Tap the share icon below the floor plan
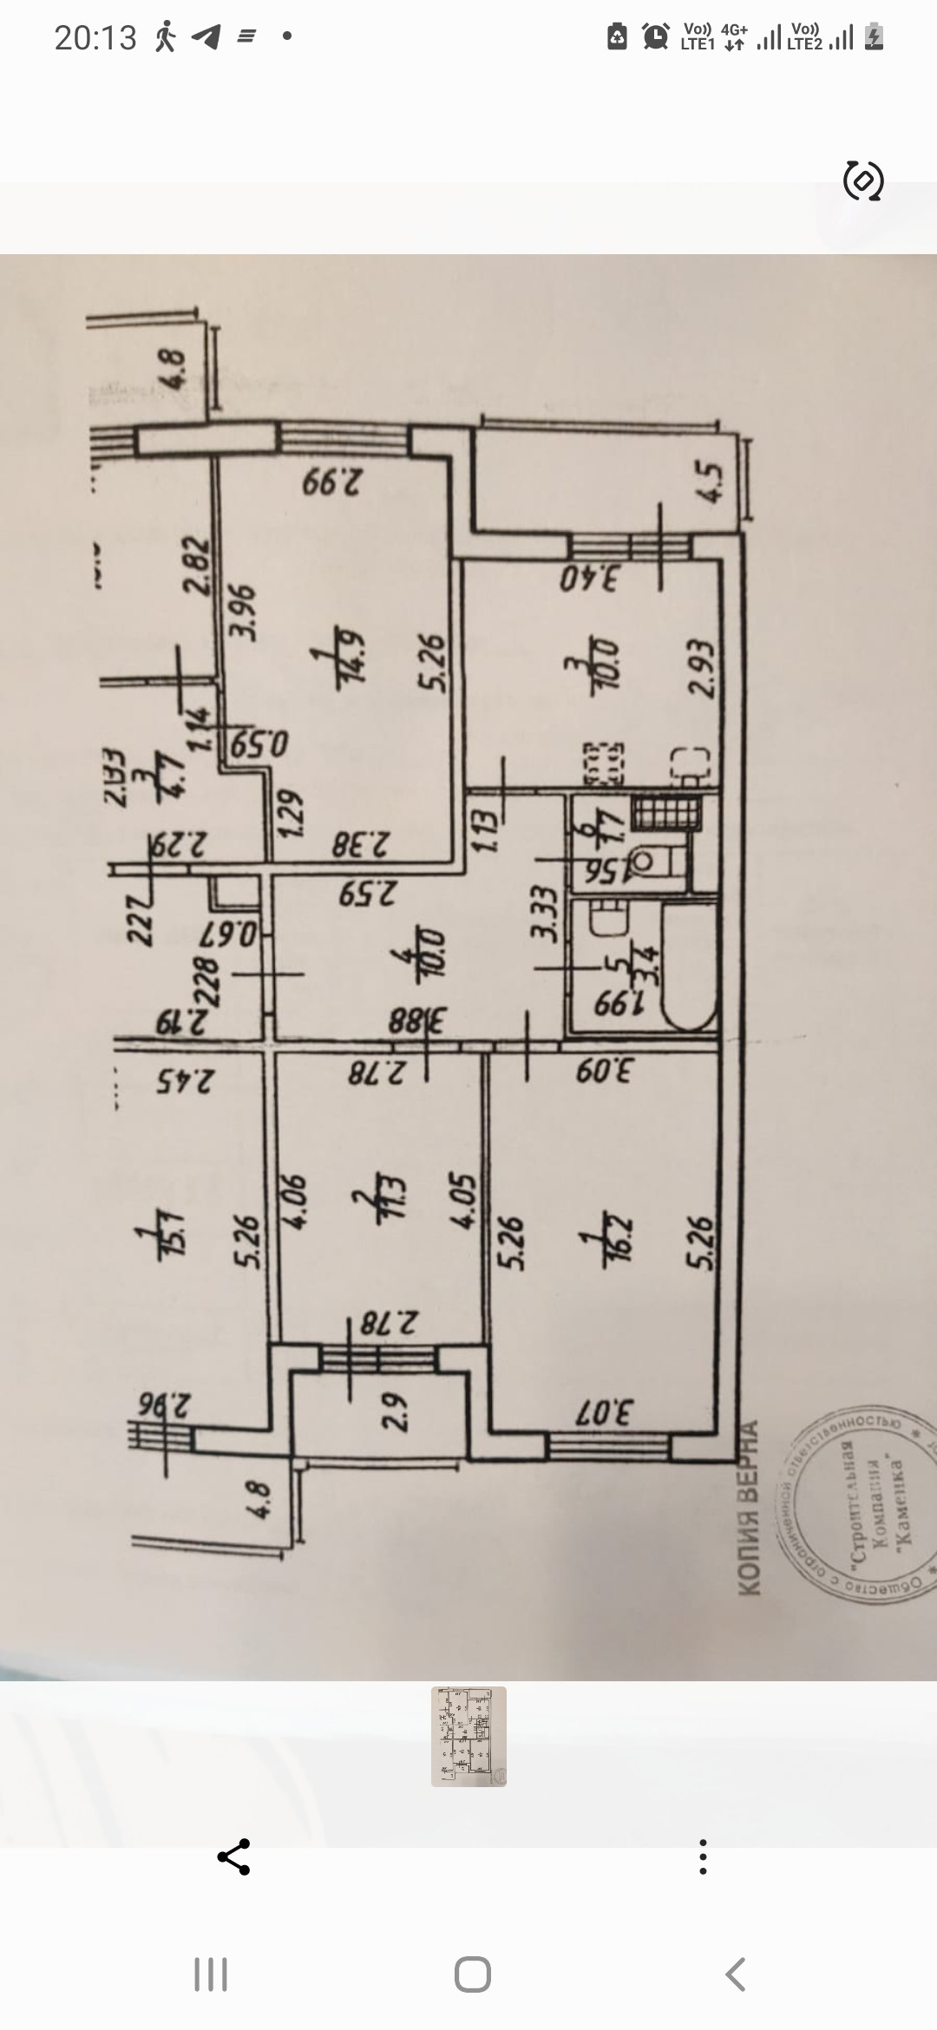coord(233,1856)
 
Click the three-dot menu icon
coord(703,1856)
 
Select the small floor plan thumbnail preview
coord(468,1736)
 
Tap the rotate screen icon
coord(863,181)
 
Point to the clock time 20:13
coord(95,37)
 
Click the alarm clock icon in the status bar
coord(655,36)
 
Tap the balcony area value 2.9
coord(394,1411)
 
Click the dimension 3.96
coord(244,612)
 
